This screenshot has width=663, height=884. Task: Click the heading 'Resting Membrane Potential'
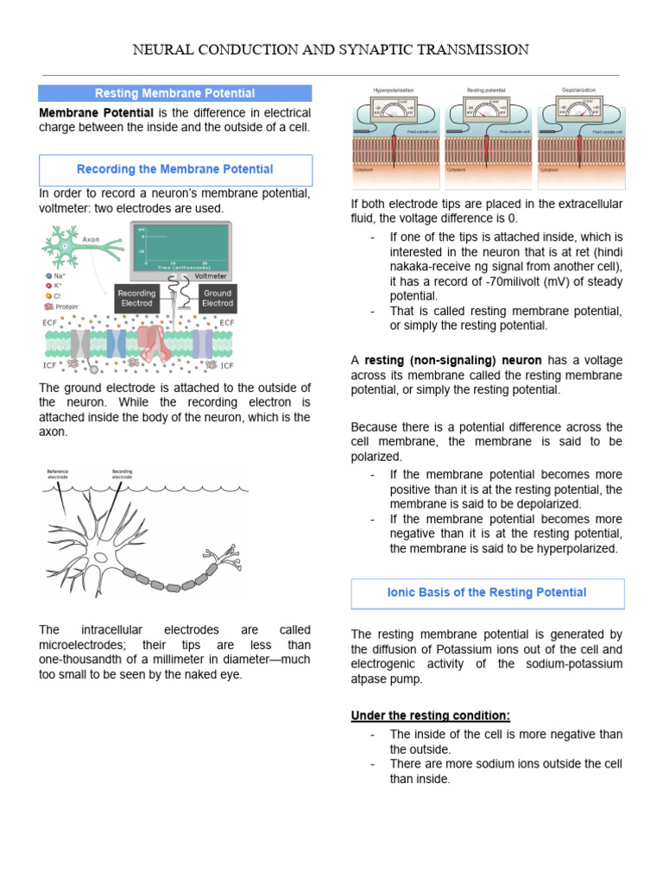(x=174, y=93)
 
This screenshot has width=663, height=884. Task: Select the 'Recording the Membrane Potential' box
(x=174, y=169)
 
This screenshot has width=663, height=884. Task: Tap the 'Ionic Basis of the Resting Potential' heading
(x=487, y=592)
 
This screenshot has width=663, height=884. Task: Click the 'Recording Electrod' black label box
(x=136, y=298)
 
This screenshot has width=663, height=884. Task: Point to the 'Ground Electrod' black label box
(x=218, y=298)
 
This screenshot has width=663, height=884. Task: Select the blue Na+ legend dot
(x=48, y=275)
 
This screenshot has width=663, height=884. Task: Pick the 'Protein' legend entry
(x=62, y=306)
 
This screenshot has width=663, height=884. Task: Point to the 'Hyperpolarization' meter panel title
(x=393, y=90)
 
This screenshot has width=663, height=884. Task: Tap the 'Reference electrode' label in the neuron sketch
(x=58, y=474)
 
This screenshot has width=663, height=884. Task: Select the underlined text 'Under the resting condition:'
(x=430, y=716)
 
